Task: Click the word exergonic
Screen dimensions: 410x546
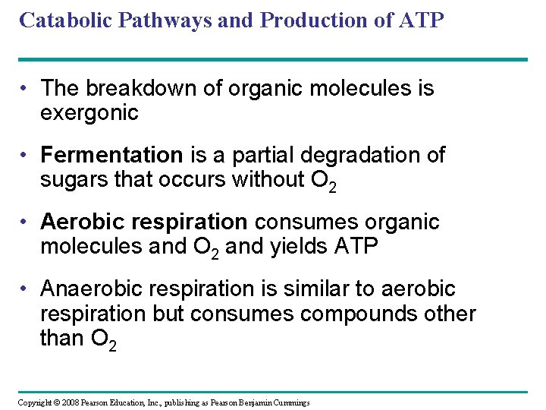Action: pyautogui.click(x=89, y=114)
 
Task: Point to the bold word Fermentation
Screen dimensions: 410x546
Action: pyautogui.click(x=111, y=155)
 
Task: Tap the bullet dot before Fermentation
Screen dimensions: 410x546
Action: pyautogui.click(x=26, y=156)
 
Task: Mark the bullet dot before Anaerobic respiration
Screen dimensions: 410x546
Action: pyautogui.click(x=26, y=289)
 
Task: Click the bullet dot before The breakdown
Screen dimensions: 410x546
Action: pyautogui.click(x=26, y=89)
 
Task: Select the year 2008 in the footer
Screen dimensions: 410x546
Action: pyautogui.click(x=69, y=402)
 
